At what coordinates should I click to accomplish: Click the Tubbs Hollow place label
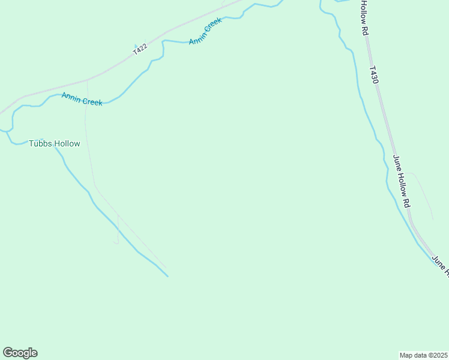point(55,144)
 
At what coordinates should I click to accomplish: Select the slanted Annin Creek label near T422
point(206,31)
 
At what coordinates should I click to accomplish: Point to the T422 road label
point(140,50)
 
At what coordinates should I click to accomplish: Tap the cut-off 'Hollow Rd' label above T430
point(364,18)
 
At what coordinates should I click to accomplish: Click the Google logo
point(20,353)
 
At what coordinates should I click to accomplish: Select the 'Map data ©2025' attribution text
point(424,355)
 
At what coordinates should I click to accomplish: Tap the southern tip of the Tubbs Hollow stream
point(167,276)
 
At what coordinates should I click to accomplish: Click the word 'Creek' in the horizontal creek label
point(92,101)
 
